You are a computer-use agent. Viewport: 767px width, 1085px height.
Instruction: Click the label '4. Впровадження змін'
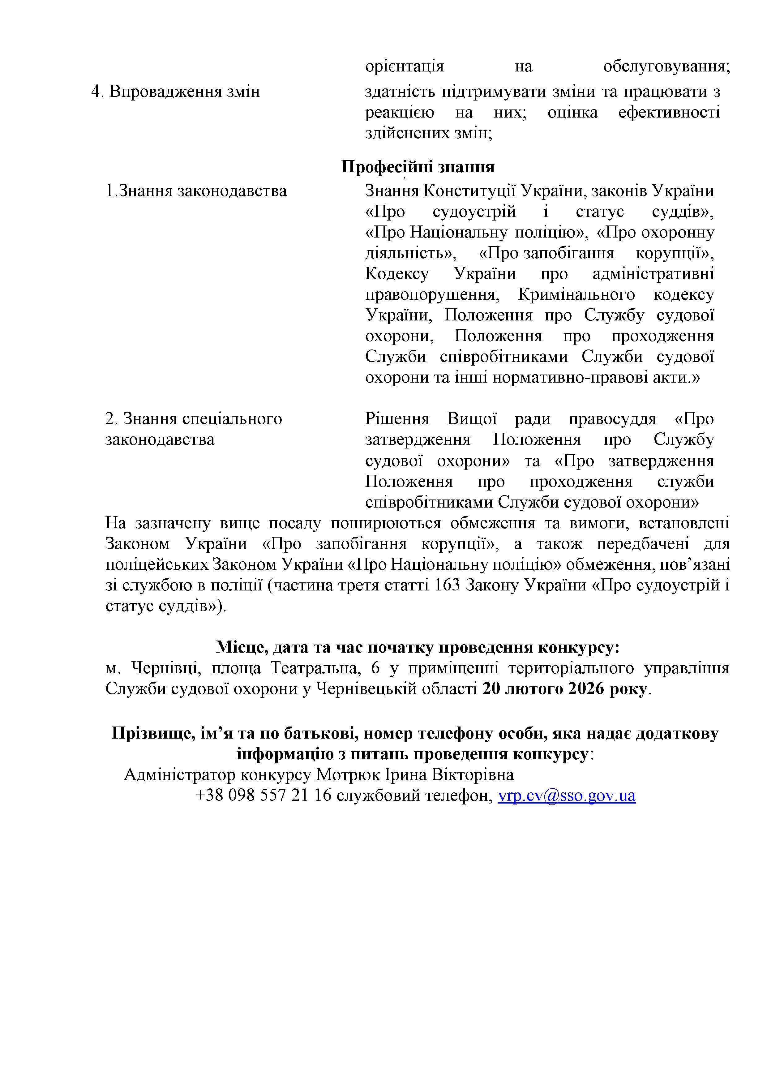175,91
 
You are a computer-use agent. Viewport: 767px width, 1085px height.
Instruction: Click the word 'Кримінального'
576,294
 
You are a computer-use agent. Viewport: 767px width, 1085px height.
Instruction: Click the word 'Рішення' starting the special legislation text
397,419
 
